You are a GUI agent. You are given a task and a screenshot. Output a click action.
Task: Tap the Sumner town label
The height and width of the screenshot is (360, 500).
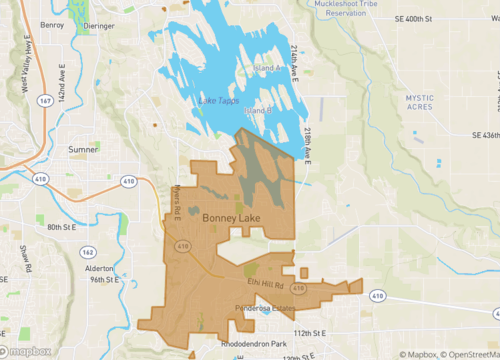pyautogui.click(x=82, y=149)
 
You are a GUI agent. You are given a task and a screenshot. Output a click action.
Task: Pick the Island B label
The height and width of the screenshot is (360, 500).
pyautogui.click(x=258, y=110)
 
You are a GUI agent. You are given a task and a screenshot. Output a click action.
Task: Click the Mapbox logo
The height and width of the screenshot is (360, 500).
pyautogui.click(x=27, y=350)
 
